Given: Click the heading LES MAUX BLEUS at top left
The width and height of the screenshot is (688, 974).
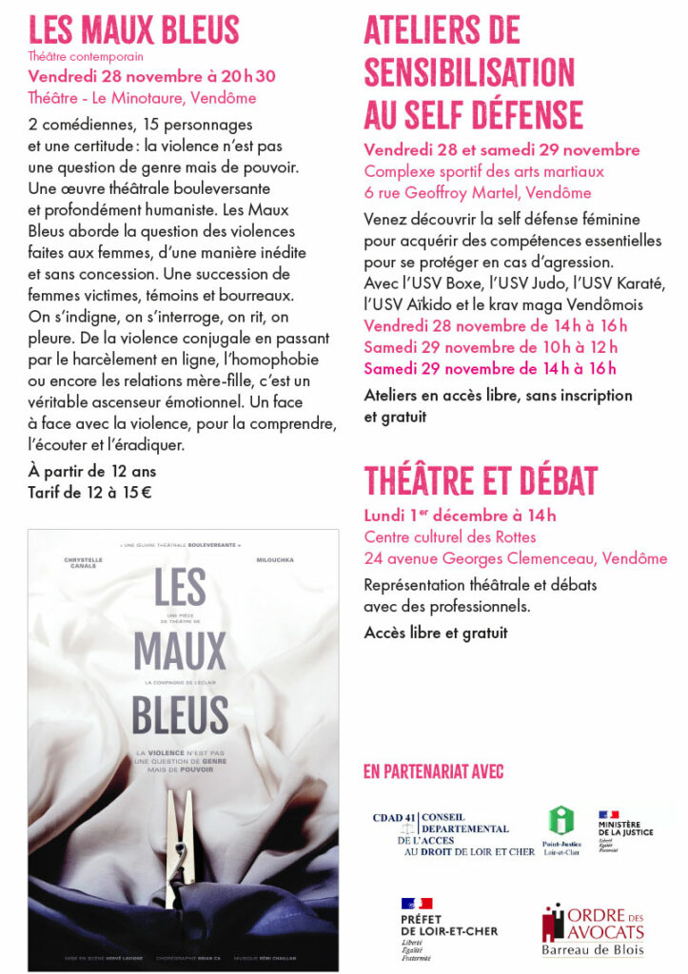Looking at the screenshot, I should click(x=133, y=29).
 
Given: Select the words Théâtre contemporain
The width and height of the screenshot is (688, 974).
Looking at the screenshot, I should click(x=85, y=57).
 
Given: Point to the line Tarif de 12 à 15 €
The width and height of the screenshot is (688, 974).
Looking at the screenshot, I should click(x=89, y=491).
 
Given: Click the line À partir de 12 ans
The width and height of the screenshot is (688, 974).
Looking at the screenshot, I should click(x=91, y=471).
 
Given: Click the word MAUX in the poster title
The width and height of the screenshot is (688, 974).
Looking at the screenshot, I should click(x=180, y=651).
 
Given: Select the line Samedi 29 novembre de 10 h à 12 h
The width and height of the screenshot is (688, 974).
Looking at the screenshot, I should click(x=491, y=347).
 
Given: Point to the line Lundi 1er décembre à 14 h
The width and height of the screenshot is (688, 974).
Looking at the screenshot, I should click(x=460, y=516).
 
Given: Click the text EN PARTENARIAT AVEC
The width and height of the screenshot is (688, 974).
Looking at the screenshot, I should click(x=433, y=771).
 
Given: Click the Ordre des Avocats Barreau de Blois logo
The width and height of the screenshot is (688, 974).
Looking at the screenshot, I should click(x=592, y=931).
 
